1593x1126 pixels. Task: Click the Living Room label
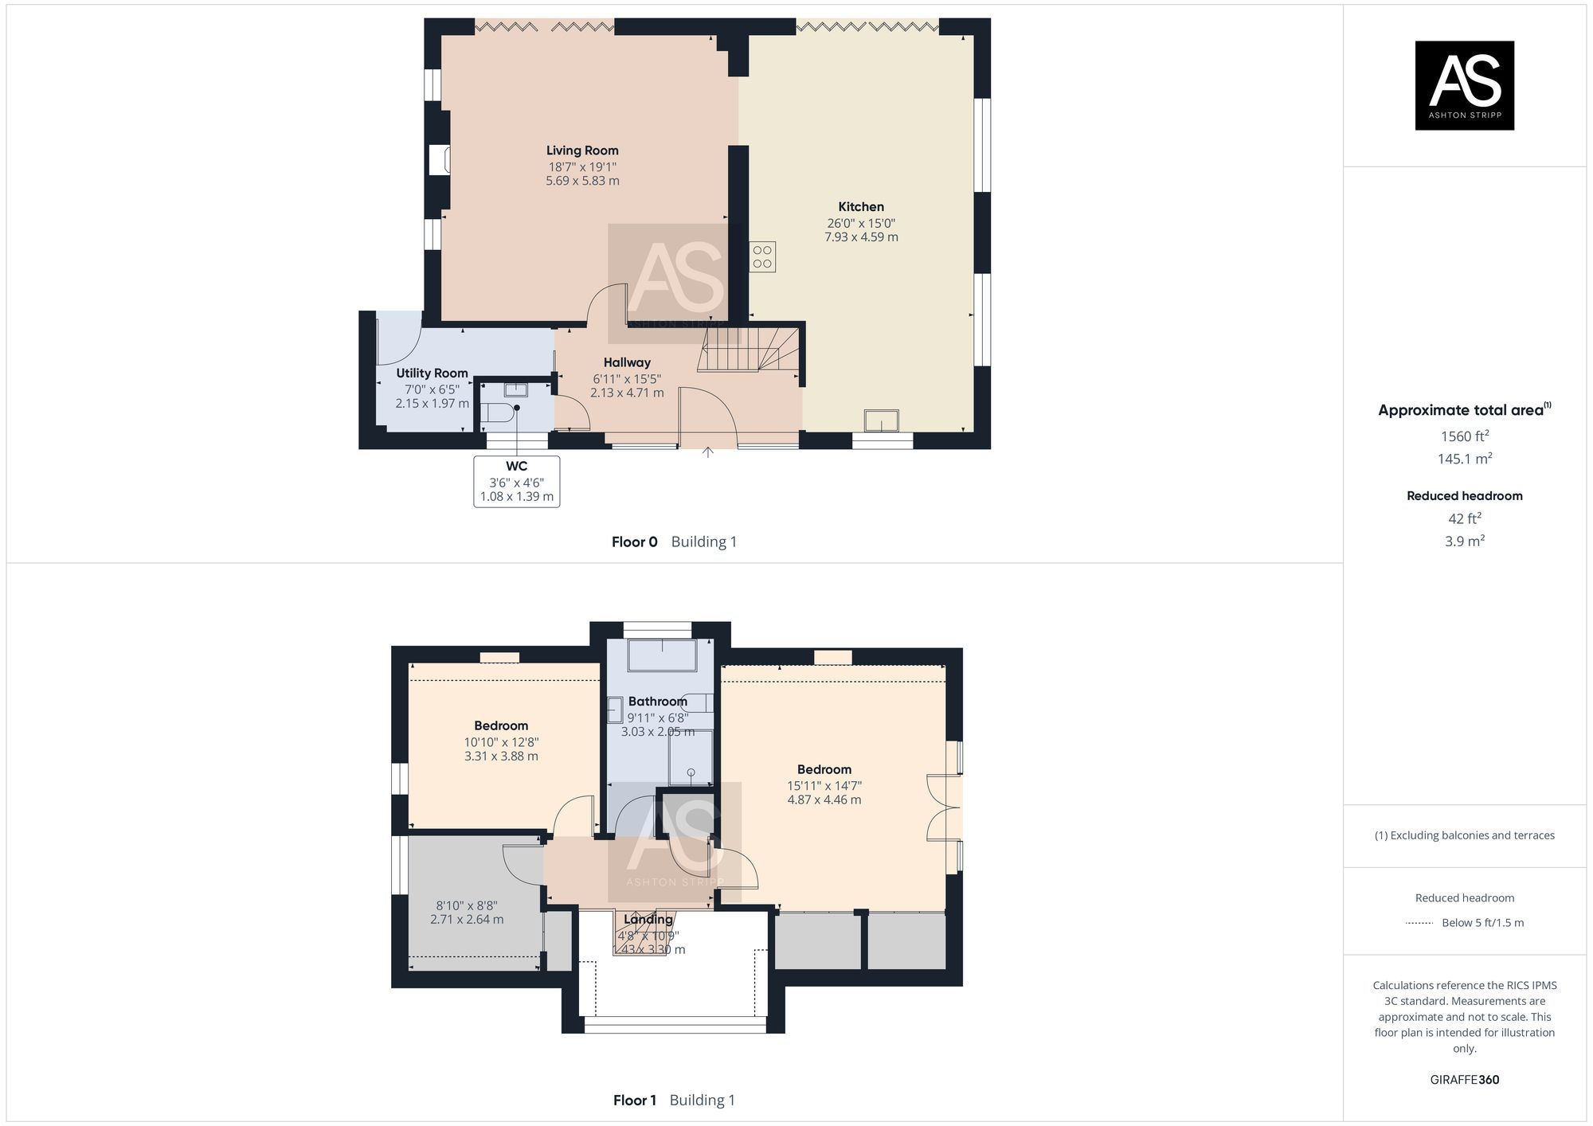tap(582, 151)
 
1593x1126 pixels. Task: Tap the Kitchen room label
tap(861, 207)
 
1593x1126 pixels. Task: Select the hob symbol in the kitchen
tap(762, 256)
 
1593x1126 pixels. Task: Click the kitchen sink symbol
tap(882, 420)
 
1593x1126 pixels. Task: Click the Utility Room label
tap(432, 373)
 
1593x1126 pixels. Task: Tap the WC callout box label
tap(516, 467)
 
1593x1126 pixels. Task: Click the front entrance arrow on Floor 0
tap(707, 453)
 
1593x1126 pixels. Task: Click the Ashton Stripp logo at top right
tap(1464, 85)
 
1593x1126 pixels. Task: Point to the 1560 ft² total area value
tap(1464, 436)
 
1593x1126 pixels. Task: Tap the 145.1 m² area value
tap(1464, 459)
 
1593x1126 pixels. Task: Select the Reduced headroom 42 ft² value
tap(1464, 518)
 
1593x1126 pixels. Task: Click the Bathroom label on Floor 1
tap(657, 702)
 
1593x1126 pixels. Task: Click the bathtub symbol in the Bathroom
tap(661, 655)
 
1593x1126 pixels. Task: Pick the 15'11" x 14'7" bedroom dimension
tap(824, 785)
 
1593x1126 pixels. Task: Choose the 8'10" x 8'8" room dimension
tap(467, 905)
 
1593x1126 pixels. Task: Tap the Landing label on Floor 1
tap(648, 920)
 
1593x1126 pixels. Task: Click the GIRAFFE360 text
tap(1464, 1080)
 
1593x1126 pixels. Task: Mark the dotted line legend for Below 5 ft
tap(1419, 923)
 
